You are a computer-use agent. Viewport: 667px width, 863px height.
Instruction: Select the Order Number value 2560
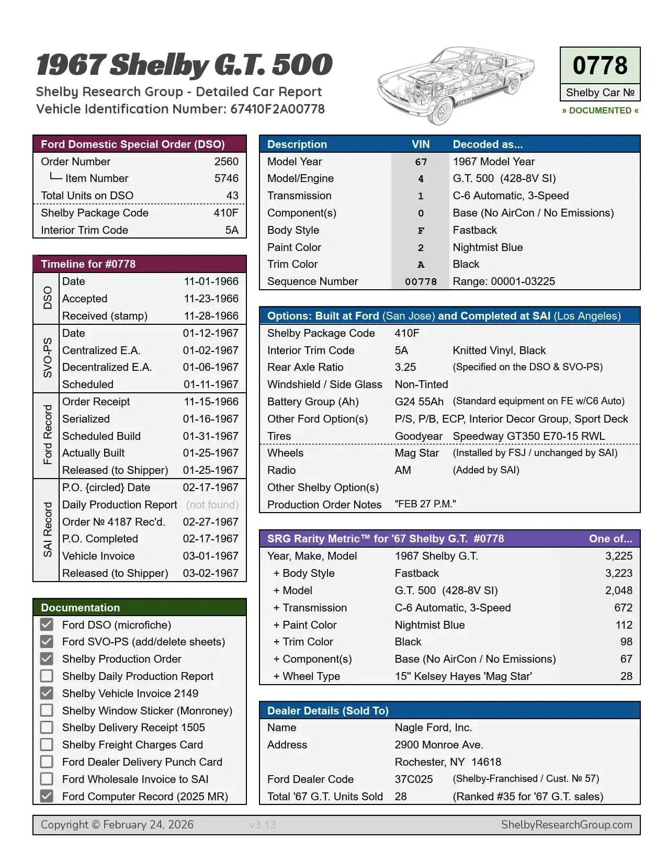click(226, 162)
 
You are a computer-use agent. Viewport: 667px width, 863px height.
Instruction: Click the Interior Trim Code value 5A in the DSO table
click(232, 230)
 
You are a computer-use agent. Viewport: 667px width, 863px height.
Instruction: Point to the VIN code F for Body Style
click(421, 231)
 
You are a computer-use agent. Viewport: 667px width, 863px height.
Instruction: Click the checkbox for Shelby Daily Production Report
click(47, 676)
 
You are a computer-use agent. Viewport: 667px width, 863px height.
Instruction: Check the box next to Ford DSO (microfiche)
click(47, 624)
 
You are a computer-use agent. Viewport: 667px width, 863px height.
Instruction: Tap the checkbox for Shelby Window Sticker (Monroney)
click(47, 710)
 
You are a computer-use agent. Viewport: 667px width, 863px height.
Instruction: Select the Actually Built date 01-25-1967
click(210, 453)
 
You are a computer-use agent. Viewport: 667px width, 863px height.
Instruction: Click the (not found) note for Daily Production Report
click(212, 505)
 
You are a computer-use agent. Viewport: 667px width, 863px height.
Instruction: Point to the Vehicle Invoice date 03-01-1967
click(210, 556)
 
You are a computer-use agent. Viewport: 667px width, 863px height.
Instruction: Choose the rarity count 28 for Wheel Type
click(626, 676)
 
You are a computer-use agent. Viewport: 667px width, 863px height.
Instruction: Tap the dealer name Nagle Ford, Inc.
click(433, 728)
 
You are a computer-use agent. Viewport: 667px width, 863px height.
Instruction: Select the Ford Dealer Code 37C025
click(413, 779)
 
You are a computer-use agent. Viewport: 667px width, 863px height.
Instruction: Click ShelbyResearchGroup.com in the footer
click(567, 825)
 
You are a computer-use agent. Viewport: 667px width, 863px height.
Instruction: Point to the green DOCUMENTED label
click(600, 110)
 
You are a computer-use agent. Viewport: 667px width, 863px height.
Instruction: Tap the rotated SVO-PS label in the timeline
click(47, 358)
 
